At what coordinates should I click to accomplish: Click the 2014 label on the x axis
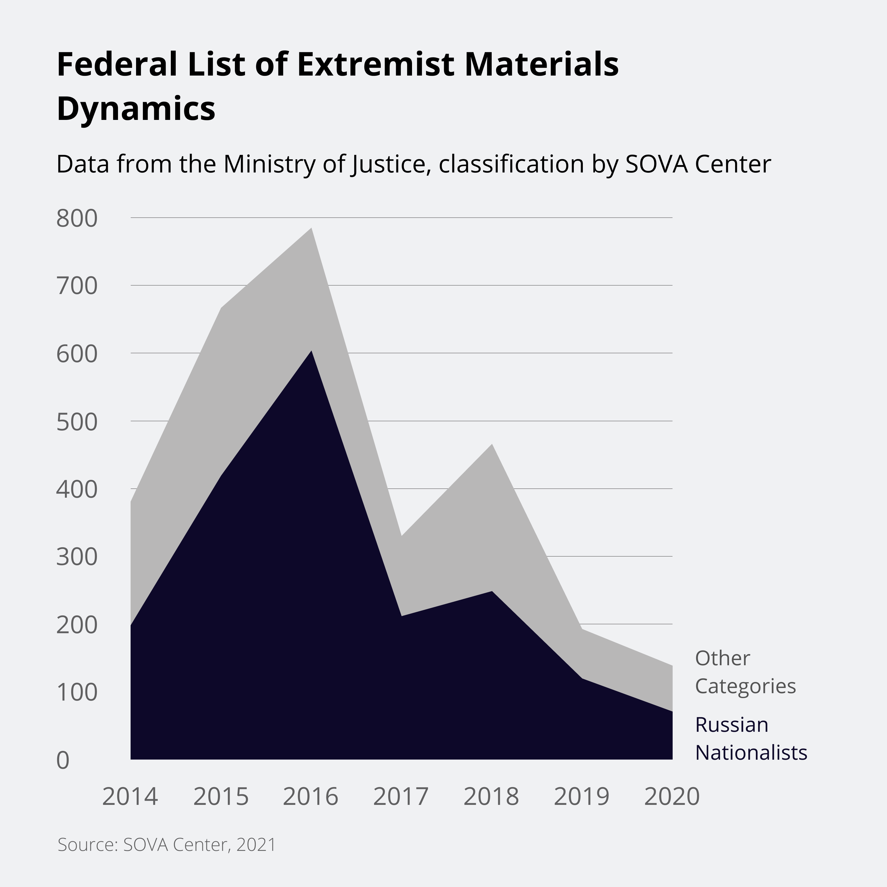coord(130,797)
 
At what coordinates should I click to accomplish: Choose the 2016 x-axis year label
coord(310,797)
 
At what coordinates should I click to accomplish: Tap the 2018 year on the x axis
coord(491,797)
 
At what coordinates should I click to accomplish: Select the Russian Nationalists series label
coord(751,739)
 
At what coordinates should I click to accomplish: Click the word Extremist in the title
coord(376,64)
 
